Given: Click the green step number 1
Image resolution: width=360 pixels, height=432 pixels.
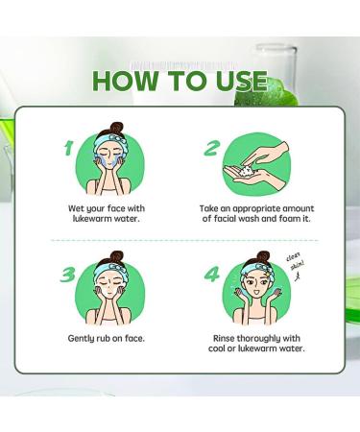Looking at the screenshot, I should [68, 148].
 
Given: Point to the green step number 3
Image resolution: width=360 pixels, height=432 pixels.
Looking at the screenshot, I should [68, 275].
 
